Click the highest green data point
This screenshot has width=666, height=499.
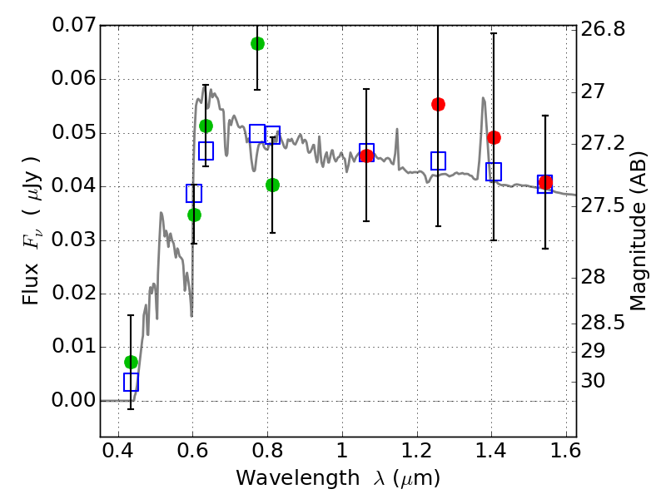tap(257, 43)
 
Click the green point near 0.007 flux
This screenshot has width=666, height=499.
tap(131, 362)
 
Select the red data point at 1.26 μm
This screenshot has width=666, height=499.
tap(438, 104)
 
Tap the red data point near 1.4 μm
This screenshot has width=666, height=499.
tap(494, 137)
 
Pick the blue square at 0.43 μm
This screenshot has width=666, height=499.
tap(131, 382)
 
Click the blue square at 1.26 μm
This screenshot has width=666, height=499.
tap(438, 161)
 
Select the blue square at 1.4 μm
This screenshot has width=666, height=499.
tap(494, 171)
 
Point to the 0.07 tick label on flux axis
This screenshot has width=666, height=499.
tap(74, 26)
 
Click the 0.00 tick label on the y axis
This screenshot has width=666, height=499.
tap(74, 401)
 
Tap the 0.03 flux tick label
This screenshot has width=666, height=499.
tap(74, 240)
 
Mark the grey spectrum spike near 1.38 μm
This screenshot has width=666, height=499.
tap(483, 99)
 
